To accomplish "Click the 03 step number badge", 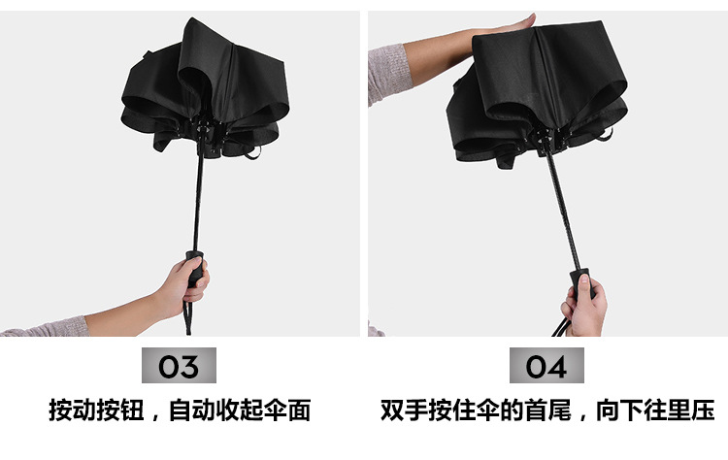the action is [x=179, y=365].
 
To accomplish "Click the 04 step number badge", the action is [x=546, y=365].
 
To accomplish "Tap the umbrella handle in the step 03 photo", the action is [x=194, y=269].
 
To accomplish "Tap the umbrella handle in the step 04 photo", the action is [x=581, y=283].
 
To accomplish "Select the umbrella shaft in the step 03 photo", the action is [x=198, y=200].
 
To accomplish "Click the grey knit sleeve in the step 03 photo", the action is [x=47, y=327].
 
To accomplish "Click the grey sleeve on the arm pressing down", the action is [x=389, y=75].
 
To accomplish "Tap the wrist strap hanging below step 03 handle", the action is [x=187, y=315].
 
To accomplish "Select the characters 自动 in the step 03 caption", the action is [x=192, y=411].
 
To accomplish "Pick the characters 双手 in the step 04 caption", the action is [x=405, y=411].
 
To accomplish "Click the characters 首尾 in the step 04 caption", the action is [x=548, y=411].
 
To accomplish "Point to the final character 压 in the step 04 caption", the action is [x=703, y=411].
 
